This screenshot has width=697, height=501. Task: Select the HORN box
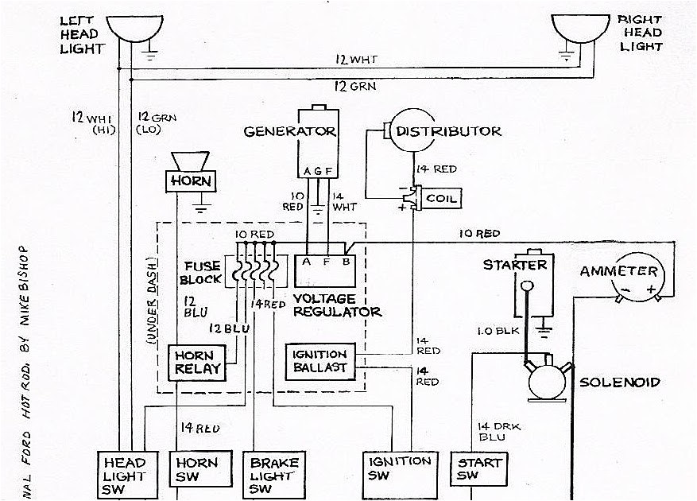[x=192, y=181]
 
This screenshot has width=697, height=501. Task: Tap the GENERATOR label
[x=290, y=131]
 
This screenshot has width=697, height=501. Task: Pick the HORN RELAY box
[x=194, y=362]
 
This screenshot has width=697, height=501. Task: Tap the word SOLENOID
[x=619, y=382]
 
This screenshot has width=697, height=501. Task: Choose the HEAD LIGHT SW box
[x=124, y=475]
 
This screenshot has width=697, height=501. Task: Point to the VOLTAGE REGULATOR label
[x=337, y=305]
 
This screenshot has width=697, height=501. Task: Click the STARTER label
[x=514, y=265]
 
